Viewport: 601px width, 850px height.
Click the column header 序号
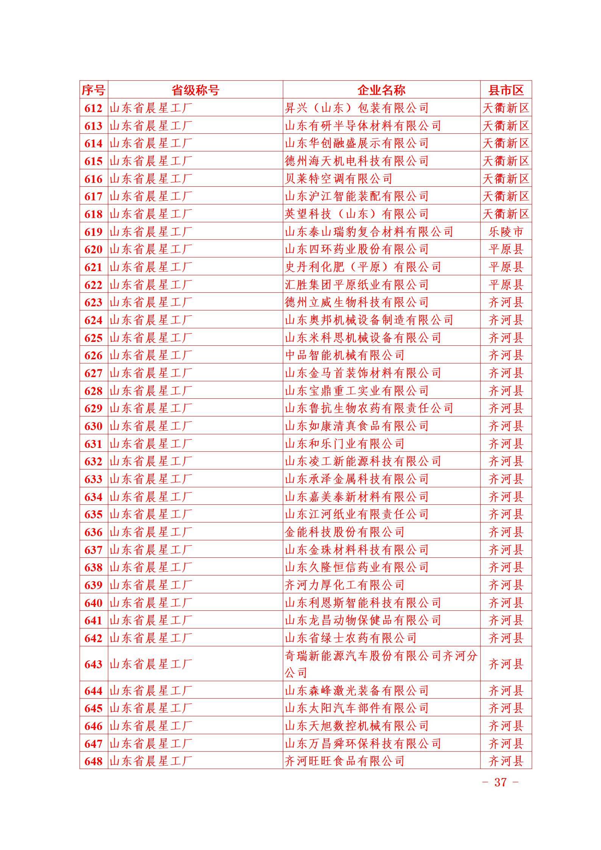pos(93,90)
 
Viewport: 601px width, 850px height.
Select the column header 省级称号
pos(195,90)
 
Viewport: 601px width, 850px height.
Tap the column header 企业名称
pos(381,90)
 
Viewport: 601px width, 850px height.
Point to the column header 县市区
pos(506,90)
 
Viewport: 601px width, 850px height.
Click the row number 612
pos(94,108)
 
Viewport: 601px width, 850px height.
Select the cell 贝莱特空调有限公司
pos(339,179)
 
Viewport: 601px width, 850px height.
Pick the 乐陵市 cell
pos(506,232)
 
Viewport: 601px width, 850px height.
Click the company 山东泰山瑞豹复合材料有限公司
pos(369,232)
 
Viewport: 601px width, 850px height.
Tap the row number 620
pos(94,250)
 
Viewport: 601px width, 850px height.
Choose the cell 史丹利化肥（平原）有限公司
pos(363,267)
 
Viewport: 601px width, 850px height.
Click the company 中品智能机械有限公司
pos(345,356)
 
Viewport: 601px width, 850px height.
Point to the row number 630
pos(94,426)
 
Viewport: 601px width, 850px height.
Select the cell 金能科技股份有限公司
pos(345,532)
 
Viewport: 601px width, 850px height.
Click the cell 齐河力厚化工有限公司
pos(345,585)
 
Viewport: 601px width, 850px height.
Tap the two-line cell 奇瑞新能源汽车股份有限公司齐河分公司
pos(381,664)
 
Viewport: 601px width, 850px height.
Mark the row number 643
pos(94,664)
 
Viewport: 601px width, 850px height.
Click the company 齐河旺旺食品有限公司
pos(345,761)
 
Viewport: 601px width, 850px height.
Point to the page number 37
pos(500,782)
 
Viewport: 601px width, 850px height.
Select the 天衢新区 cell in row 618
pos(506,214)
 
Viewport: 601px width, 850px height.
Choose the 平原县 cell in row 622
pos(506,285)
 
